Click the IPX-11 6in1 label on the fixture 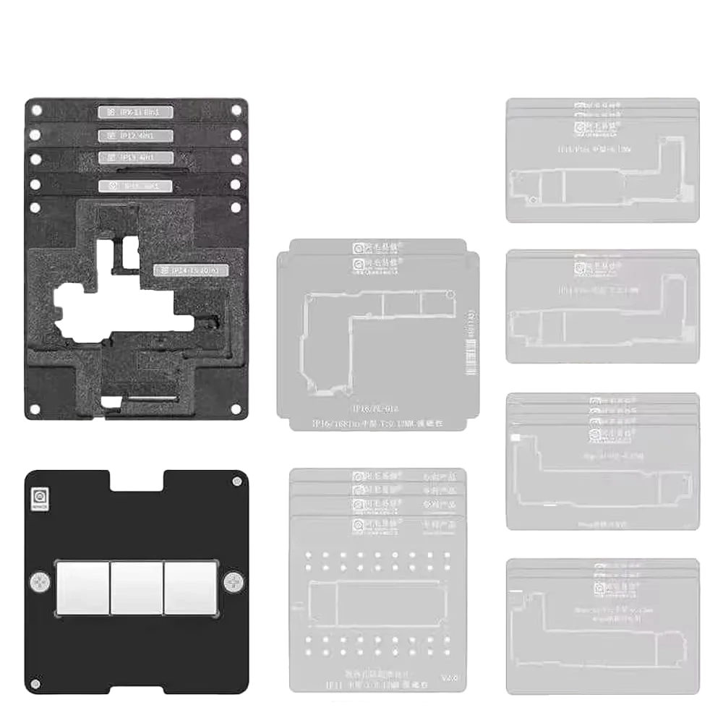(135, 111)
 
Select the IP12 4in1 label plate (135, 135)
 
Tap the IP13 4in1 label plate (135, 157)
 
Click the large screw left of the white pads (38, 580)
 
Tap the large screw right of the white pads (234, 580)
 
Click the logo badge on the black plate (38, 498)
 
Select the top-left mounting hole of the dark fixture (36, 110)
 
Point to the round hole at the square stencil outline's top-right (450, 294)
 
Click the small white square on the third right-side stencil (516, 439)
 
